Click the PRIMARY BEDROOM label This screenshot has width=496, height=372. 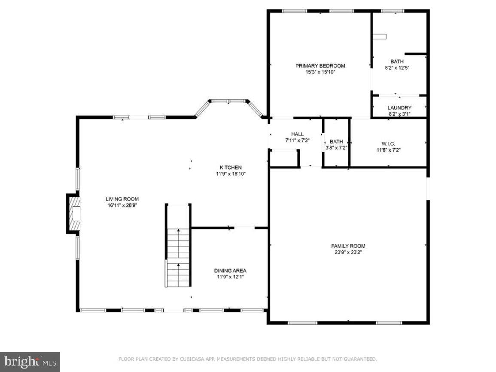point(320,66)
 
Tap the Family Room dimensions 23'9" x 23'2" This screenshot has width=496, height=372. point(348,253)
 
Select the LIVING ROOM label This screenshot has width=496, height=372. point(122,199)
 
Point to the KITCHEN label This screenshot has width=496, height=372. point(231,168)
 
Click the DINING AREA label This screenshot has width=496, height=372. point(230,271)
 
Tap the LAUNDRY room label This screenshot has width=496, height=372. point(399,108)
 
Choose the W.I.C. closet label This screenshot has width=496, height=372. point(388,143)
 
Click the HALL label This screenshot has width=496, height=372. point(297,134)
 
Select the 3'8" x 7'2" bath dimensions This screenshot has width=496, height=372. point(336,148)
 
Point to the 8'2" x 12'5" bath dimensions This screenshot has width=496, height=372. point(397,68)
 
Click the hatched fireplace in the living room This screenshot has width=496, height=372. point(73,213)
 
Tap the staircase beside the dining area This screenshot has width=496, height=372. point(178,246)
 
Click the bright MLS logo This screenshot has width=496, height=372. point(30,362)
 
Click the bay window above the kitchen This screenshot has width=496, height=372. point(228,107)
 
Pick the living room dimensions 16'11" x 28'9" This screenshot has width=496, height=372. point(122,205)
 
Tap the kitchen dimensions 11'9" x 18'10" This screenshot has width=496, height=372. point(231,174)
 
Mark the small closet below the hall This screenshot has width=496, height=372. point(284,159)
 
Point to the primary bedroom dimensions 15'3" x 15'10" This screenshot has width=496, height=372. point(320,72)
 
